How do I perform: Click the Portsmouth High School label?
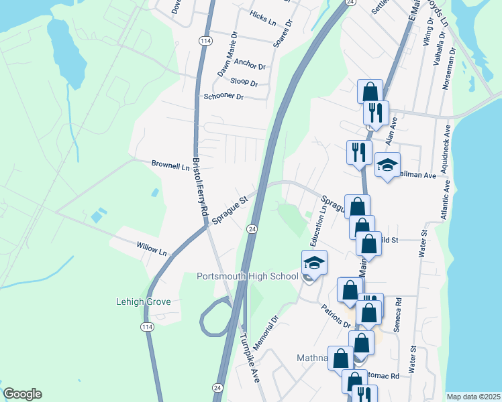click(248, 276)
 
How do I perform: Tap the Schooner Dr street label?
click(223, 96)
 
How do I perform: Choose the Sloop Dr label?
click(244, 82)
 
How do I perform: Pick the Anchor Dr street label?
click(250, 65)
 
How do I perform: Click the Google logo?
click(22, 394)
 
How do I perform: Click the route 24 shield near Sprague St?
click(252, 229)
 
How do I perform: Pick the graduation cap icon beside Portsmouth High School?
click(314, 262)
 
